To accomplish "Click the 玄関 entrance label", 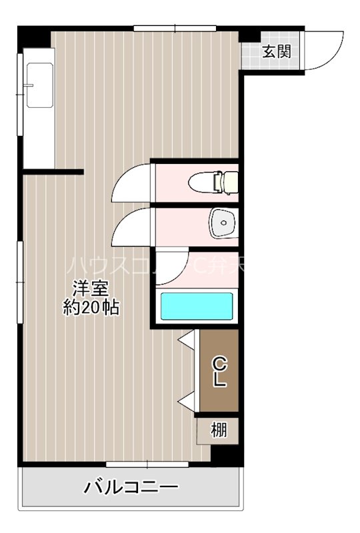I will [x=275, y=51].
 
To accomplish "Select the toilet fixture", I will [x=213, y=181].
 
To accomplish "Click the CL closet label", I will [x=220, y=372].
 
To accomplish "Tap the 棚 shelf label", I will [x=219, y=430].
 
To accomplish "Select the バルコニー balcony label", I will [x=131, y=487].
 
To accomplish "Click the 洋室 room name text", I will [x=91, y=289].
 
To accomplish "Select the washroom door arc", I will [x=133, y=227].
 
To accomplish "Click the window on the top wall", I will [x=175, y=28].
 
